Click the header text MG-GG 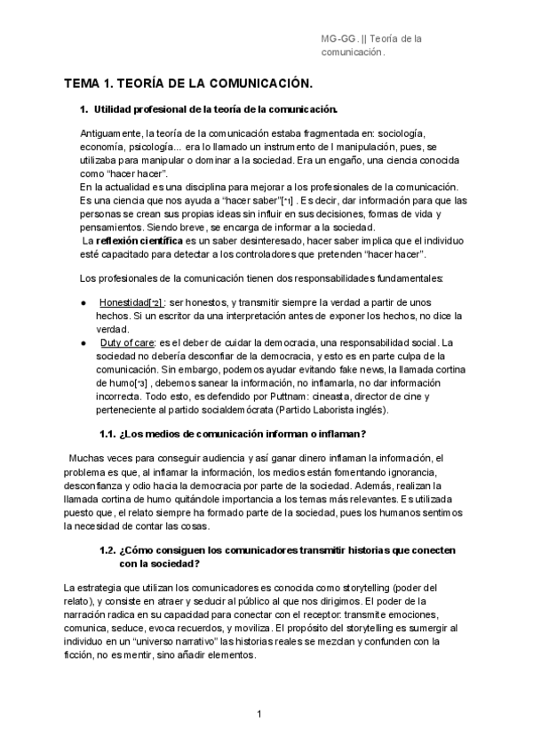(x=338, y=39)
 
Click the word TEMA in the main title (x=82, y=84)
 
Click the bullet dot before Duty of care (x=83, y=342)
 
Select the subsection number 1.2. (x=108, y=550)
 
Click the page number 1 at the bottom (x=259, y=714)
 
